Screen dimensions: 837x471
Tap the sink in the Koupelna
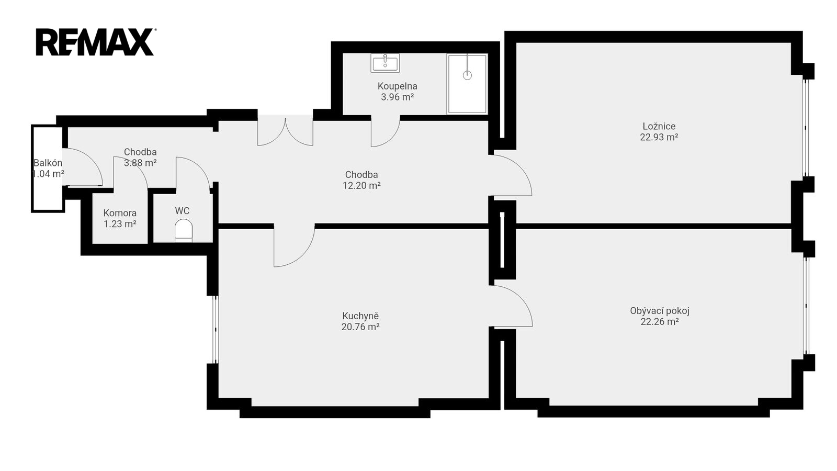coord(385,63)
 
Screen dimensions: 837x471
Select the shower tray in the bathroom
coord(467,84)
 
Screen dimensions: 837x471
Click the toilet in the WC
coord(184,230)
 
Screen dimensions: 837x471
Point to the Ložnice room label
coord(659,126)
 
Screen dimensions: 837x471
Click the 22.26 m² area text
coord(660,321)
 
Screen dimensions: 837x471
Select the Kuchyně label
coord(360,316)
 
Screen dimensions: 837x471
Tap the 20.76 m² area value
coord(360,327)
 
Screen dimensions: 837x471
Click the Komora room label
coord(120,213)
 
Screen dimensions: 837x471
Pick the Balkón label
coord(48,163)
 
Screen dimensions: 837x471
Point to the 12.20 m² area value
coord(361,185)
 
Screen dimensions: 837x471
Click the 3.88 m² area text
coord(140,163)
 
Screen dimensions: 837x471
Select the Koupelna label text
coord(397,86)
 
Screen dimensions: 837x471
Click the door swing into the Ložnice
coord(519,167)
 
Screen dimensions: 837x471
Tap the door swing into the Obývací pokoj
coord(520,298)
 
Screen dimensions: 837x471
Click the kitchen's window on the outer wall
coord(215,329)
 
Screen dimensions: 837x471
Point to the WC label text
coord(182,211)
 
